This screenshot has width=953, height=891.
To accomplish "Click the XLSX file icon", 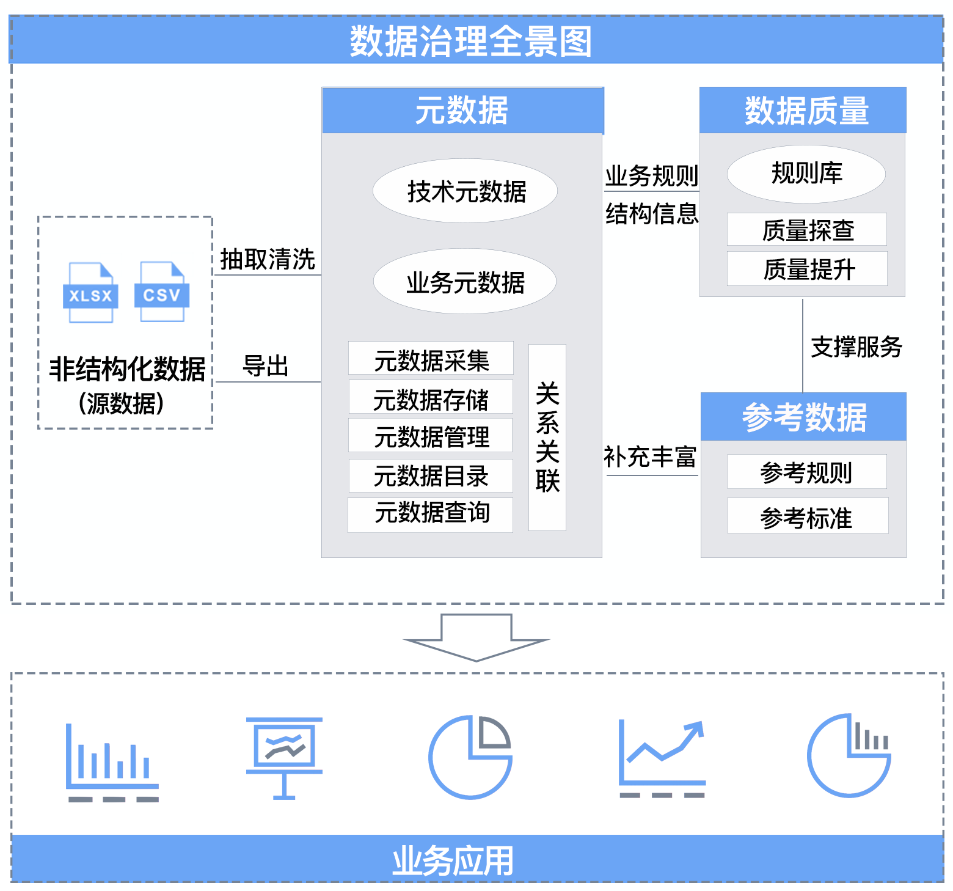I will coord(90,293).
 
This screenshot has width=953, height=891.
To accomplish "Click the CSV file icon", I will coord(162,292).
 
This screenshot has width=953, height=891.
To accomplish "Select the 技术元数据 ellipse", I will coord(465,191).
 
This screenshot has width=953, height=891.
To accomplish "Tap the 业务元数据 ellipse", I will coord(465,282).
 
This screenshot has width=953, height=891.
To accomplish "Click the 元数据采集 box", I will coord(431,359).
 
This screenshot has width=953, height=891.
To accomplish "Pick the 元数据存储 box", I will coord(431,397).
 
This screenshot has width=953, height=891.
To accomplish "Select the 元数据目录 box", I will coord(431,475).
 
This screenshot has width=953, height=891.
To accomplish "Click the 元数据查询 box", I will coord(431,515).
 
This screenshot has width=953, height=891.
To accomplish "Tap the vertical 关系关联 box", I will coord(547,438).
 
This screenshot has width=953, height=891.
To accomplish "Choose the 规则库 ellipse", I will coord(806,174).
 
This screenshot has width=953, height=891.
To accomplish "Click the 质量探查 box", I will coord(807,230).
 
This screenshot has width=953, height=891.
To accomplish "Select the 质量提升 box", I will coord(807,269).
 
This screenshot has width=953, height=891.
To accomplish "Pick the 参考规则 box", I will coord(807,472).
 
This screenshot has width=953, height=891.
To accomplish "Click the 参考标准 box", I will coord(807,516).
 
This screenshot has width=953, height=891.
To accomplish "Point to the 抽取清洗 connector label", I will coord(268,259).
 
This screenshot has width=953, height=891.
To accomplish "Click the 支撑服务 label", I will coord(856,346).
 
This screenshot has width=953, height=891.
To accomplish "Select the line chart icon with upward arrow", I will coord(662,758).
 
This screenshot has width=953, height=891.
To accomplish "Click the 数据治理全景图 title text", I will coord(470,42).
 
